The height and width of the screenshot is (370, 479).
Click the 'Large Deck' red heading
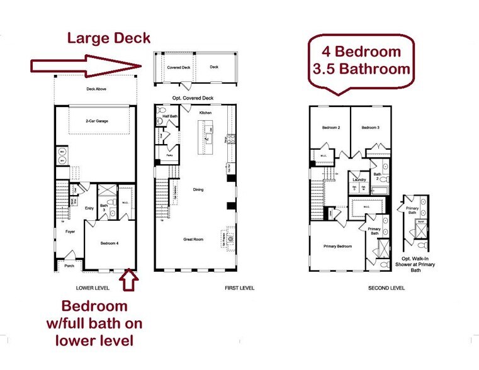[x=109, y=38]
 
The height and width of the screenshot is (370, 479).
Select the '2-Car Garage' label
[x=95, y=120]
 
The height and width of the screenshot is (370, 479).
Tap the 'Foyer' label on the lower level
[x=70, y=232]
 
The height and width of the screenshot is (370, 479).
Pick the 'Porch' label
[x=69, y=266]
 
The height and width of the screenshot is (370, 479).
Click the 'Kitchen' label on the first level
[x=205, y=112]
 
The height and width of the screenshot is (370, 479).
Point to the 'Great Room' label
[x=193, y=238]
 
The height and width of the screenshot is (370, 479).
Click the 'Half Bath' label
[x=169, y=116]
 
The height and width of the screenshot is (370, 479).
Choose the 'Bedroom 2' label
[x=331, y=128]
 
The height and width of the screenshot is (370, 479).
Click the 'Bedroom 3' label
[x=370, y=128]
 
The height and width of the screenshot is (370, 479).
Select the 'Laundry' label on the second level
[x=359, y=179]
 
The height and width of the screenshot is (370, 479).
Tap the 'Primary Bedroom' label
[x=338, y=246]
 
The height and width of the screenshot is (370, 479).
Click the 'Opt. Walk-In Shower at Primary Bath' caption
[x=418, y=264]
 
